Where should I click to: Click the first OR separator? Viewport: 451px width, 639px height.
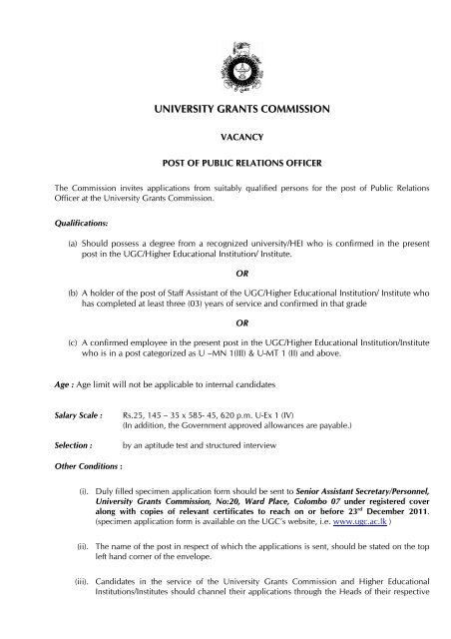pyautogui.click(x=226, y=284)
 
